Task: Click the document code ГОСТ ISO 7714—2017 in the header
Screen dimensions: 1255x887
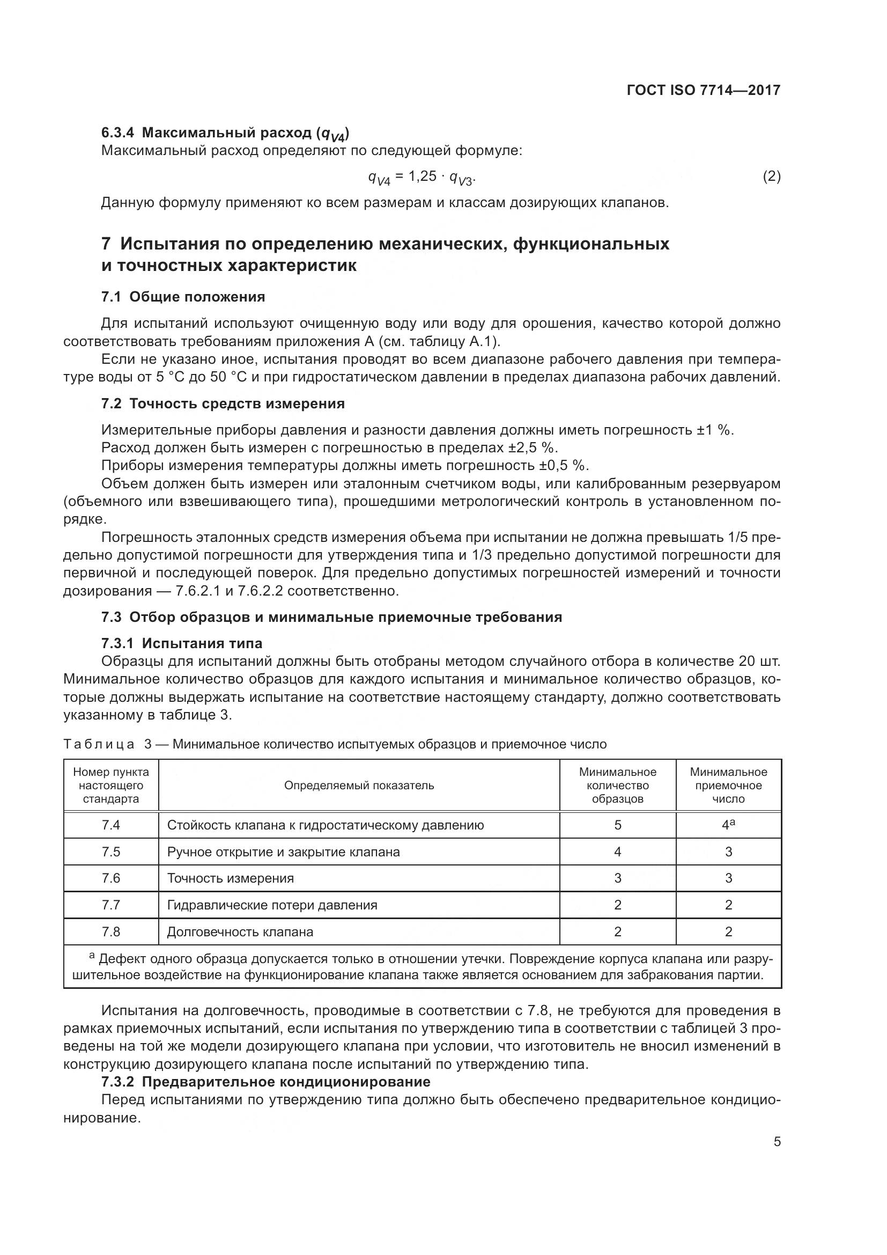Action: pyautogui.click(x=704, y=90)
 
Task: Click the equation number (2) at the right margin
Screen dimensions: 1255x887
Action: pyautogui.click(x=771, y=176)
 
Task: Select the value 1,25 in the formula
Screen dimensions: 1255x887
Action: pyautogui.click(x=422, y=176)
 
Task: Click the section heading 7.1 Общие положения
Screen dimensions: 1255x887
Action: pyautogui.click(x=183, y=297)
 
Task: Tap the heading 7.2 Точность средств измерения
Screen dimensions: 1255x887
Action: pyautogui.click(x=223, y=403)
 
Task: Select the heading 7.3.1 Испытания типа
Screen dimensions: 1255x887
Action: pyautogui.click(x=182, y=643)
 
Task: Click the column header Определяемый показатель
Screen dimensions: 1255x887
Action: pyautogui.click(x=359, y=786)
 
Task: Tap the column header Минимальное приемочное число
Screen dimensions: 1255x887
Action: pyautogui.click(x=728, y=786)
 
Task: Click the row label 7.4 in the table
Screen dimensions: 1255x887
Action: pyautogui.click(x=111, y=825)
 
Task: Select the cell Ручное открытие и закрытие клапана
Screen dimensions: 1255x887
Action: pyautogui.click(x=284, y=852)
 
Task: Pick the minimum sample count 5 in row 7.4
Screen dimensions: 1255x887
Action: pyautogui.click(x=617, y=825)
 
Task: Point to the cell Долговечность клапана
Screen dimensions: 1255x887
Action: pyautogui.click(x=240, y=932)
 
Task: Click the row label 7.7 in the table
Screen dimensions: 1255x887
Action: pyautogui.click(x=111, y=905)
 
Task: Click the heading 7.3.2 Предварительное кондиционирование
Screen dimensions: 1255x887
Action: pyautogui.click(x=266, y=1082)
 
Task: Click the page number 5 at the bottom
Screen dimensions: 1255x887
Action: pyautogui.click(x=777, y=1142)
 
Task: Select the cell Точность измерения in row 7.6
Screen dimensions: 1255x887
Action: pyautogui.click(x=231, y=878)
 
